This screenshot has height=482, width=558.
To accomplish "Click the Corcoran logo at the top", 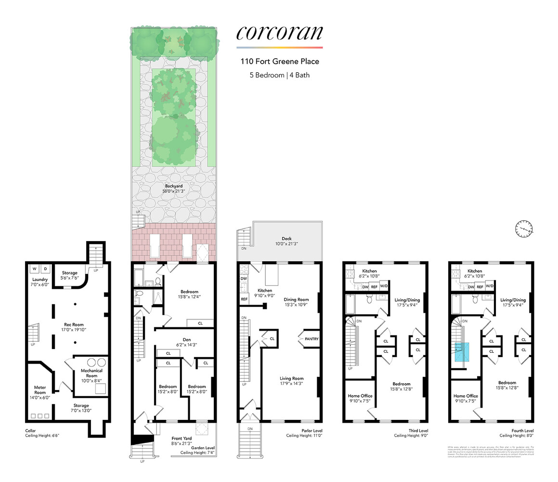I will pos(279,33).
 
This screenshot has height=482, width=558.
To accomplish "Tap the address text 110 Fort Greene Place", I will pos(280,61).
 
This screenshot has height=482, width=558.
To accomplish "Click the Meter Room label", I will pos(39,389).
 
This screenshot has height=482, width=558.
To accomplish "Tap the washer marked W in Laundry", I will pos(34,268).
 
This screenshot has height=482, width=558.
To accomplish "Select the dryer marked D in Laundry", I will pos(45,268).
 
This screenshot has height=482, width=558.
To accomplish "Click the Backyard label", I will pos(174,186).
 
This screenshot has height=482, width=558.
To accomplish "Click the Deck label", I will pos(287,239).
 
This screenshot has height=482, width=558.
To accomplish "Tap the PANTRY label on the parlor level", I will pos(311,339).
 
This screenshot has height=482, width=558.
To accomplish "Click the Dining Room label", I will pos(296,299).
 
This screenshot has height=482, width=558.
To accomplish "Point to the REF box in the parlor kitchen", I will pos(244,299).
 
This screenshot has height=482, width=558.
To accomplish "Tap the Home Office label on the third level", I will pos(360,396).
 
